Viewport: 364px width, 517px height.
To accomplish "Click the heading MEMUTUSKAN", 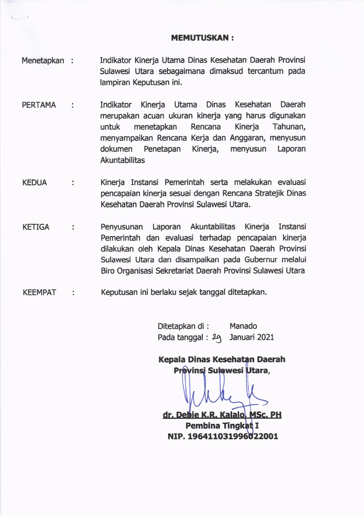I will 202,38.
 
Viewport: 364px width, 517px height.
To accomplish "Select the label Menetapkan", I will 43,61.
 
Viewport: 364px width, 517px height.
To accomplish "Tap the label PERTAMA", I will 39,105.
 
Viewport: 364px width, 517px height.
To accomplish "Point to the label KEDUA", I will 35,182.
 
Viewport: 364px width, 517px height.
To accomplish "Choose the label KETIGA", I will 36,227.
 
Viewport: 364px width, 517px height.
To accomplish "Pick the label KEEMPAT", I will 39,293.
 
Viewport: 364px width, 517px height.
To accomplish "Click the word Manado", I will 243,326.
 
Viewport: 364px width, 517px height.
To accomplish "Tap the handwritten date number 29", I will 217,338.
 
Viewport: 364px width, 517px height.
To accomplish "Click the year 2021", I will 265,337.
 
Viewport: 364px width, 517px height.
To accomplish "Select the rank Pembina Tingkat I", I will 222,425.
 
